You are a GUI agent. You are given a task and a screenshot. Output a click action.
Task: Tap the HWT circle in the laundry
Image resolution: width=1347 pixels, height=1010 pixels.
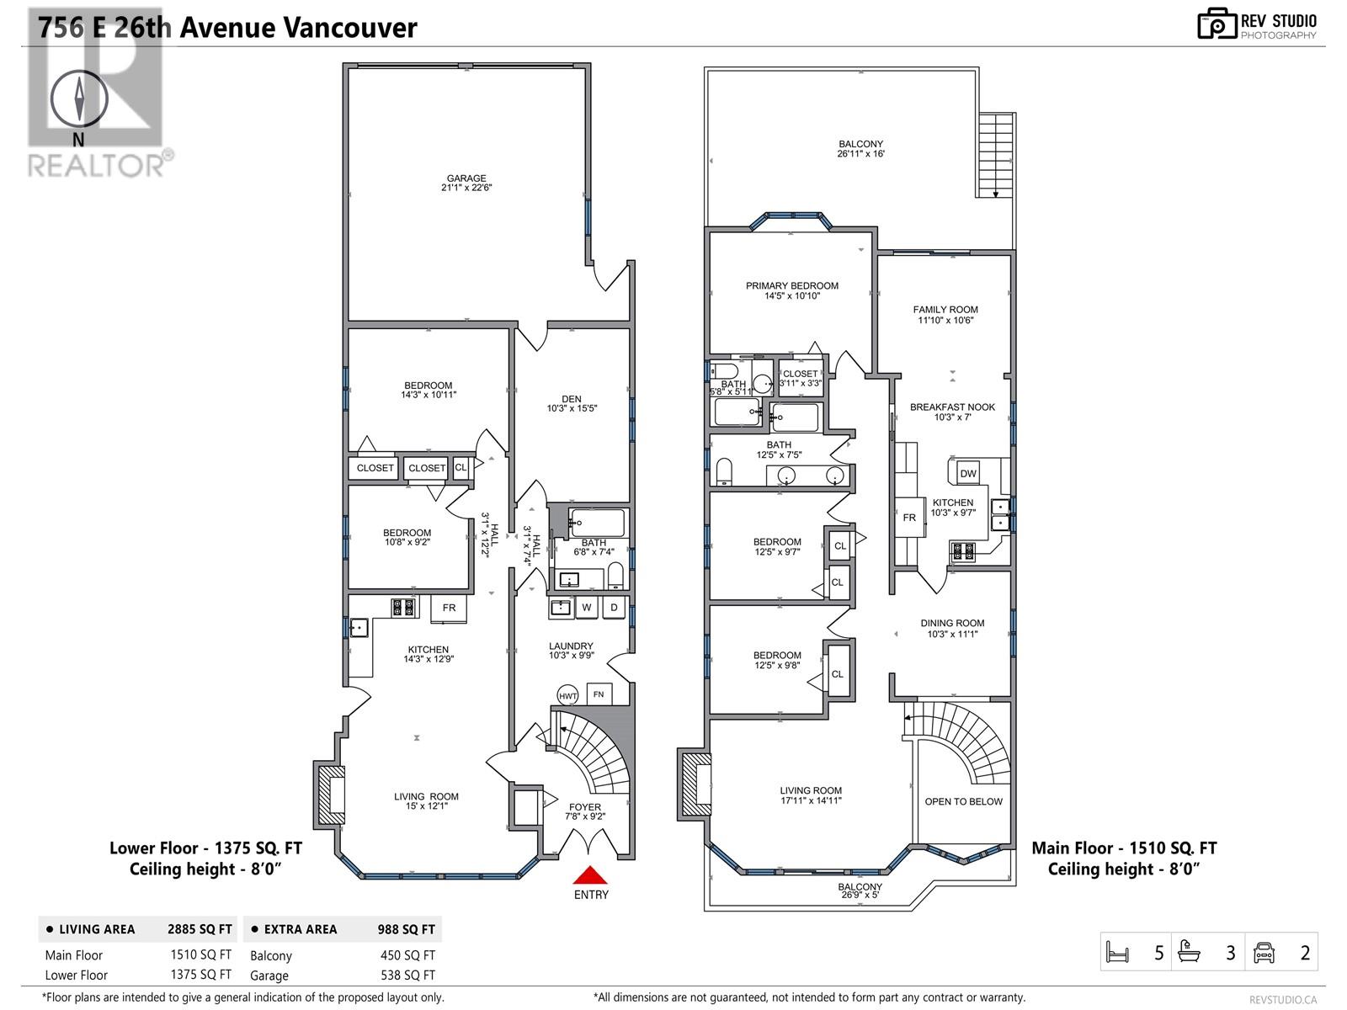point(568,695)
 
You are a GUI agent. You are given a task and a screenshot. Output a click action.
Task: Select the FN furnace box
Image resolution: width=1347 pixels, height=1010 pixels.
point(599,694)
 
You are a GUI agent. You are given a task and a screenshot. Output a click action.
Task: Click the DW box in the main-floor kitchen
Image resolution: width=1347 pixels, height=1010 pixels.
point(968,473)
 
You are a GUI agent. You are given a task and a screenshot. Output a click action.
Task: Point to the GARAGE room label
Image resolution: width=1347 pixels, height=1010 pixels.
point(466,178)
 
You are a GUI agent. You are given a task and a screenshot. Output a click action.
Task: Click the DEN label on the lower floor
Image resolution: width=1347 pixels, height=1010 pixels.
point(572,400)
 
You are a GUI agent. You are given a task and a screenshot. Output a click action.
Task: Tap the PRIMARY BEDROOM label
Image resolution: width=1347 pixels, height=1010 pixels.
point(791,286)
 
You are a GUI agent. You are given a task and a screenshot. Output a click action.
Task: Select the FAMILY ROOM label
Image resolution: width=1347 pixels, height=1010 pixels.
point(945,310)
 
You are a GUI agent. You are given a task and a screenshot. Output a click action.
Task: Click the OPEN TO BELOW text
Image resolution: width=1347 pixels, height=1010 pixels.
point(963,801)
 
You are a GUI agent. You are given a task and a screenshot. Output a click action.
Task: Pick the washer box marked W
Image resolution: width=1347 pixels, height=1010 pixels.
point(587,608)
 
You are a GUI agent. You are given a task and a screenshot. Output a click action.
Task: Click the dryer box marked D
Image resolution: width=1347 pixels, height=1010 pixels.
point(615,608)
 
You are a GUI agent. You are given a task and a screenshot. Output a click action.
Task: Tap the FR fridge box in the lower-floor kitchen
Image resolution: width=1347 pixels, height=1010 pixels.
point(449,608)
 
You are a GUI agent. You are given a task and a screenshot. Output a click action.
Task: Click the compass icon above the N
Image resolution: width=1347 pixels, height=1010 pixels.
point(79,99)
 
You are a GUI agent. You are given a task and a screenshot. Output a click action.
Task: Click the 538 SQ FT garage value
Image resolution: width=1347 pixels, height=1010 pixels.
point(407,975)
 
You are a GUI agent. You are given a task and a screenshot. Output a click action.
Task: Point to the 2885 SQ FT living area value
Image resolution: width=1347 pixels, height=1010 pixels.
point(200,929)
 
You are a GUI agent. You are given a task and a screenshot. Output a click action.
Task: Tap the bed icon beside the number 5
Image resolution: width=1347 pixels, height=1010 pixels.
point(1117,953)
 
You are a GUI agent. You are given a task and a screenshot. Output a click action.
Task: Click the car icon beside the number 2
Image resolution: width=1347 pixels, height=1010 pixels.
point(1264,953)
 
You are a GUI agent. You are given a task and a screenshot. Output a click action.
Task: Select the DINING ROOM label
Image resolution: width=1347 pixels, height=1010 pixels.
point(952,624)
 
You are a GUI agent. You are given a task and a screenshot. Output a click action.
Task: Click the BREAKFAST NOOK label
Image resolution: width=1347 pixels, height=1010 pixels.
point(952,407)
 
